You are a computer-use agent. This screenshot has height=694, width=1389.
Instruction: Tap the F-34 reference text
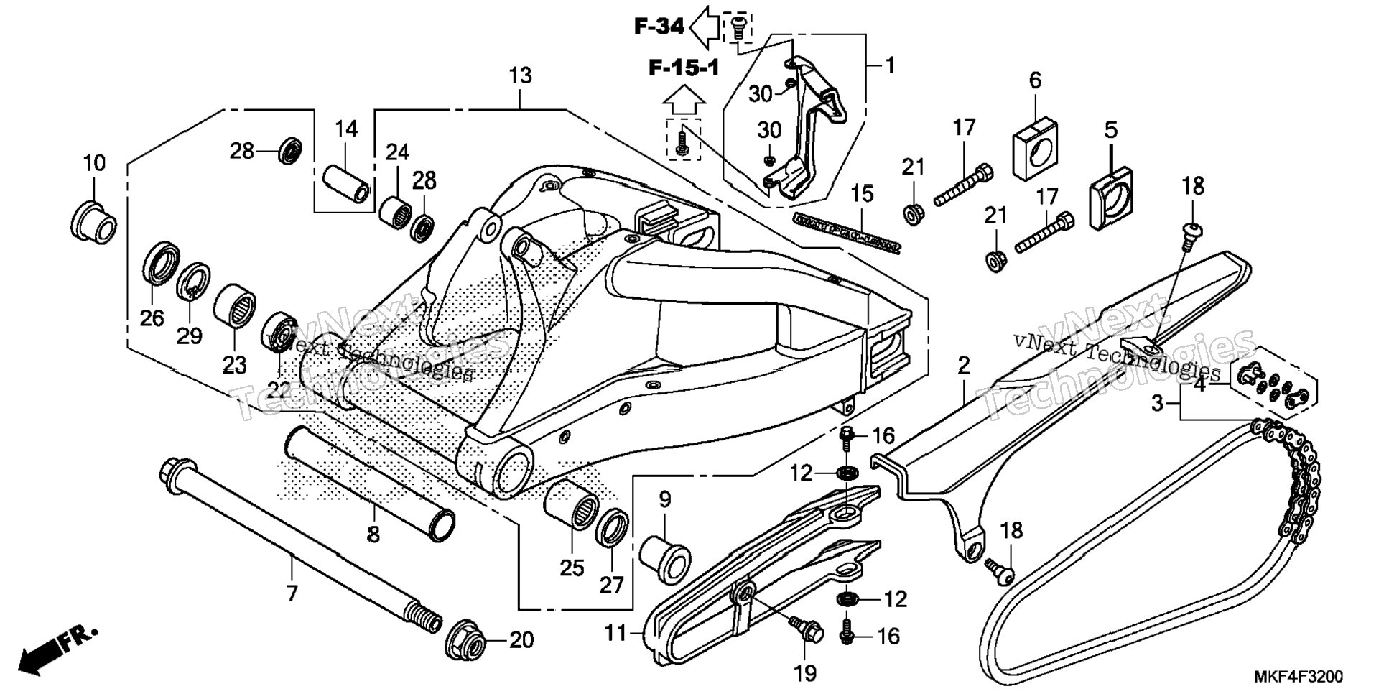pos(659,27)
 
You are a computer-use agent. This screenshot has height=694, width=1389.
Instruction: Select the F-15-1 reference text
pos(684,68)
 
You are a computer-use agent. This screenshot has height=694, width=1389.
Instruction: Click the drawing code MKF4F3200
pos(1298,677)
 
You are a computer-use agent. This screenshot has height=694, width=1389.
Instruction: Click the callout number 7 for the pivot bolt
pos(292,593)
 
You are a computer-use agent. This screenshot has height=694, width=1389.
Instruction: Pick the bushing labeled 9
pos(665,558)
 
